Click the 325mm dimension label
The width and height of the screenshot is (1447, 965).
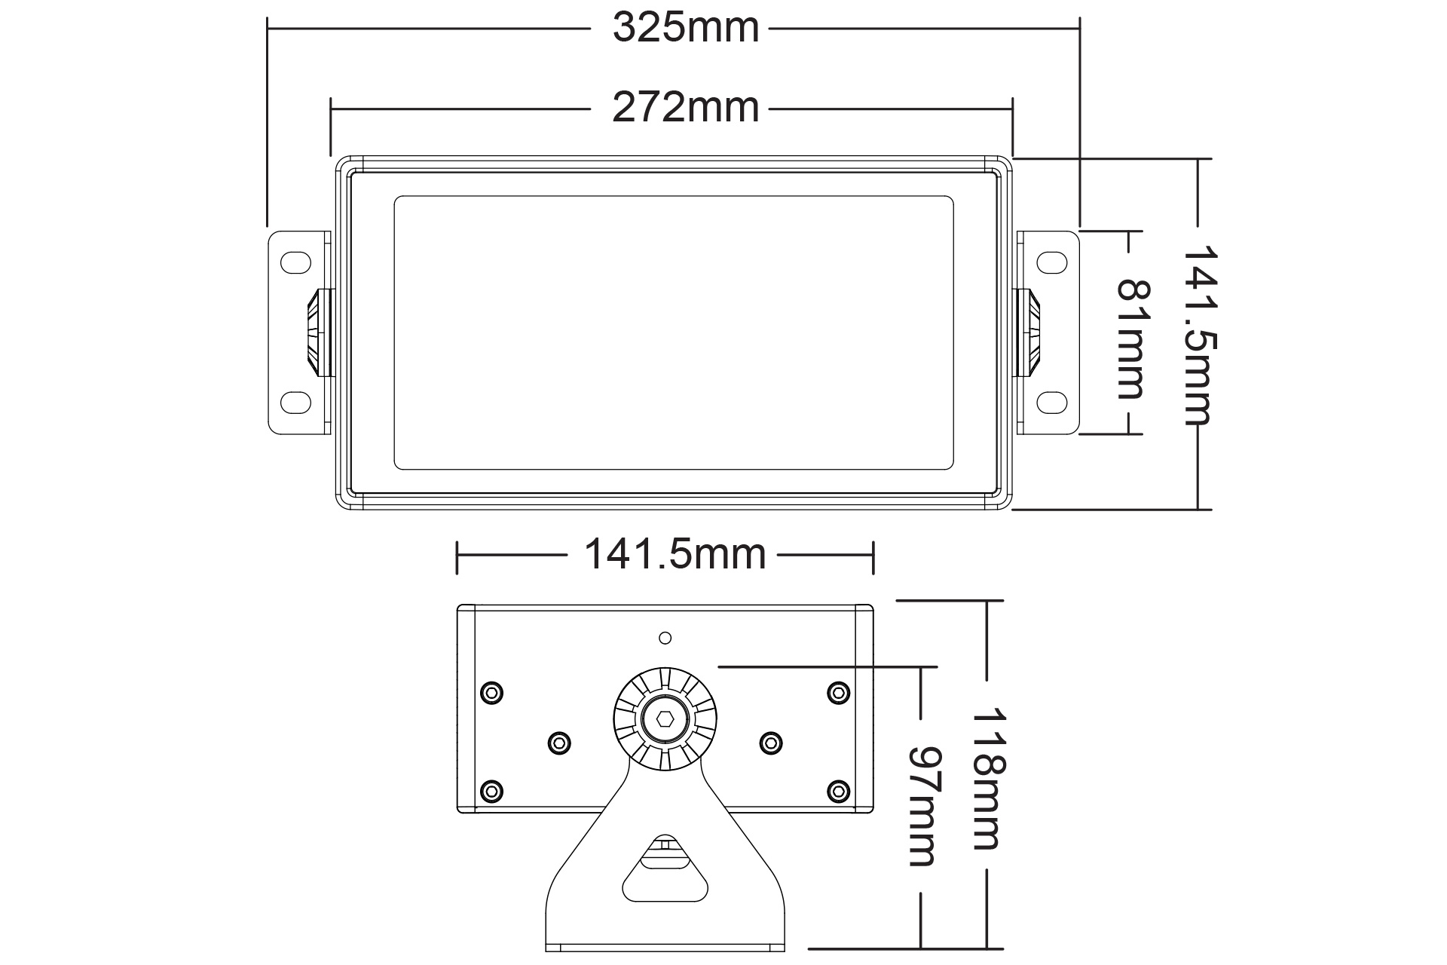(x=685, y=29)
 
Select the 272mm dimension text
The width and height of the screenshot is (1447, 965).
(x=685, y=108)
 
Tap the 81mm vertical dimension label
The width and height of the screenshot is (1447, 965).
(x=1130, y=339)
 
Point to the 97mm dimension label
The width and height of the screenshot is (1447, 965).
(x=922, y=806)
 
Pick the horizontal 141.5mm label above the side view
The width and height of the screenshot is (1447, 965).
(x=675, y=555)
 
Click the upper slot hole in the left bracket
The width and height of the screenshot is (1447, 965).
(x=295, y=262)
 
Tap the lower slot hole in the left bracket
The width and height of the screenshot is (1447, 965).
(x=295, y=402)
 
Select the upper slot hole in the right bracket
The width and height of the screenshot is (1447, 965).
(x=1052, y=262)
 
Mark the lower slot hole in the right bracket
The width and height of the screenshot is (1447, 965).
(x=1052, y=402)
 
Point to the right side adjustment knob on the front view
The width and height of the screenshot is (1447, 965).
(x=1029, y=332)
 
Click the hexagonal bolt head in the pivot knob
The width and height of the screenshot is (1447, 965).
(x=665, y=718)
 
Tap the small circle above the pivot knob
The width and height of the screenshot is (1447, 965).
(x=665, y=639)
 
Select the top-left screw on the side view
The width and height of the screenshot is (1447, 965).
(x=491, y=692)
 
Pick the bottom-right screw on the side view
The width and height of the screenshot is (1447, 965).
(x=838, y=791)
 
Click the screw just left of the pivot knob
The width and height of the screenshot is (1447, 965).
(x=558, y=743)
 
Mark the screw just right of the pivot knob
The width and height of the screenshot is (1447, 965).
(x=770, y=743)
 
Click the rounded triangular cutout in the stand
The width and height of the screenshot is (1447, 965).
(x=665, y=875)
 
